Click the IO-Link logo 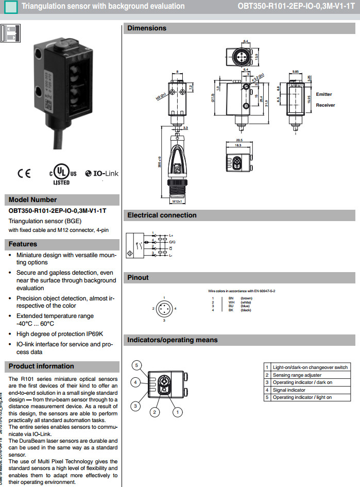point(102,174)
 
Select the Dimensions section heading point(147,28)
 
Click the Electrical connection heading point(162,215)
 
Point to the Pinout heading point(138,278)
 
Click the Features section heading point(23,244)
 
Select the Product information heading point(42,366)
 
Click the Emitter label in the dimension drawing point(324,94)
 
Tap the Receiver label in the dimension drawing point(325,105)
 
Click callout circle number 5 point(137,365)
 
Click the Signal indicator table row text point(289,390)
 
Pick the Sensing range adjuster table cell point(297,375)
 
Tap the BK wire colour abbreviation point(231,310)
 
